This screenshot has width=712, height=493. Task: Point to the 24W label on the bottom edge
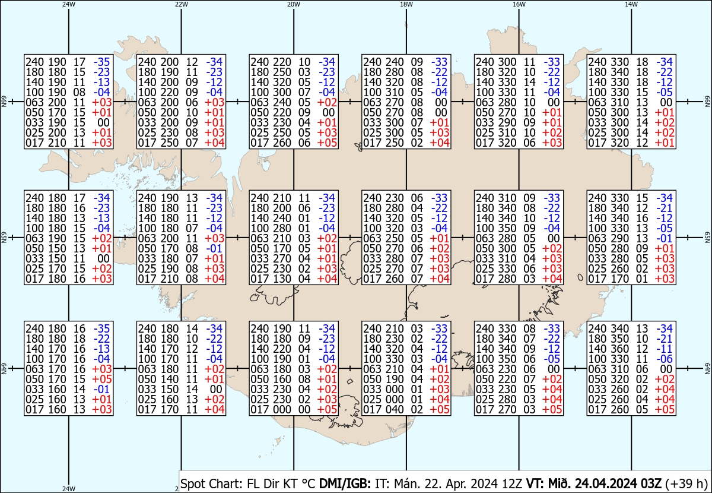[69, 489]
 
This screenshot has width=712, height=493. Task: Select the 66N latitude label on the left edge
[3, 102]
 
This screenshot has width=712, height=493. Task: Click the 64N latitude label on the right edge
[707, 368]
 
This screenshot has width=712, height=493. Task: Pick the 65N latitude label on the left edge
[3, 238]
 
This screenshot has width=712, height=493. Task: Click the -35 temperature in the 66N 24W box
[103, 61]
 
